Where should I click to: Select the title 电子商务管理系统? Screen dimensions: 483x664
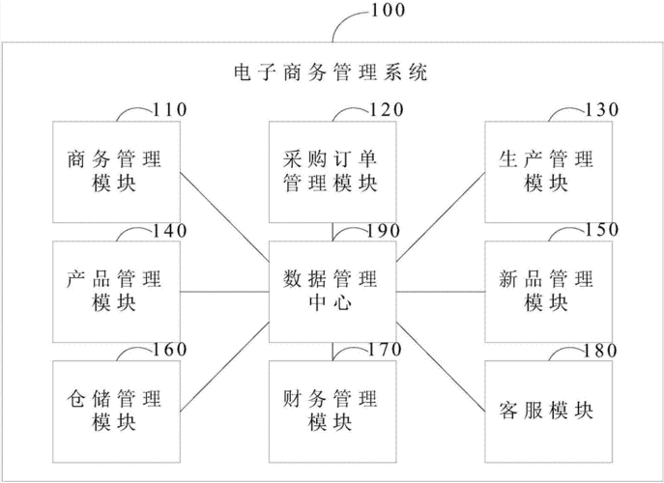click(x=332, y=71)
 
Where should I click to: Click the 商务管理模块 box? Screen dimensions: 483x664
click(x=115, y=171)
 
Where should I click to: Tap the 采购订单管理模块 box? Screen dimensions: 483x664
click(x=331, y=171)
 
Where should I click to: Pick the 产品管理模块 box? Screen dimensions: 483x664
click(x=115, y=291)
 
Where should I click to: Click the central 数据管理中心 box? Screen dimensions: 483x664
click(x=331, y=291)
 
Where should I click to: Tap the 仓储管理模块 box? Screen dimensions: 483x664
click(x=115, y=410)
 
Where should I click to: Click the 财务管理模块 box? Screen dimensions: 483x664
click(x=331, y=410)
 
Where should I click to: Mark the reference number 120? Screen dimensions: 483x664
click(x=386, y=110)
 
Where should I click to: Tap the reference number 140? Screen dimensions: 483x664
click(x=169, y=230)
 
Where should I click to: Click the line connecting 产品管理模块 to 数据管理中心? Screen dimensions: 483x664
click(x=222, y=291)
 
